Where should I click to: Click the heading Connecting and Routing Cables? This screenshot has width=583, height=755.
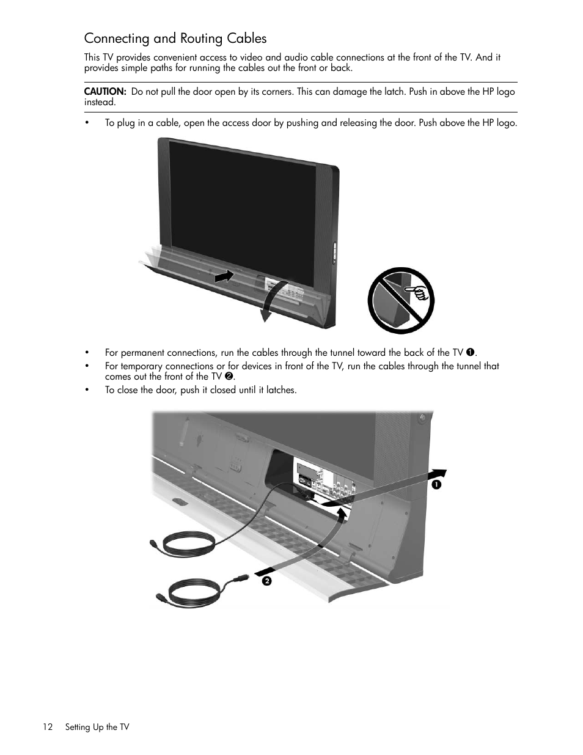point(175,39)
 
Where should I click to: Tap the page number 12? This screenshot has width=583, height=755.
point(48,727)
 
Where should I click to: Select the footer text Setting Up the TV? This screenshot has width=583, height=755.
point(97,727)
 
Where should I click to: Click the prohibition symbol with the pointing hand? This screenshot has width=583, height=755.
point(400,300)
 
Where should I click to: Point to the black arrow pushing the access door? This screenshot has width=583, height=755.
point(224,276)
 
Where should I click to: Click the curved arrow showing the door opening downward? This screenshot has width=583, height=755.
point(271,301)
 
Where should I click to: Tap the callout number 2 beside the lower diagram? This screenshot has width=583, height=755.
point(266,581)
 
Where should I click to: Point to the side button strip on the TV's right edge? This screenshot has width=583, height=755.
point(334,254)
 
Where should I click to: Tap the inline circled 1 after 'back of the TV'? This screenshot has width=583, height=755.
point(470,353)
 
